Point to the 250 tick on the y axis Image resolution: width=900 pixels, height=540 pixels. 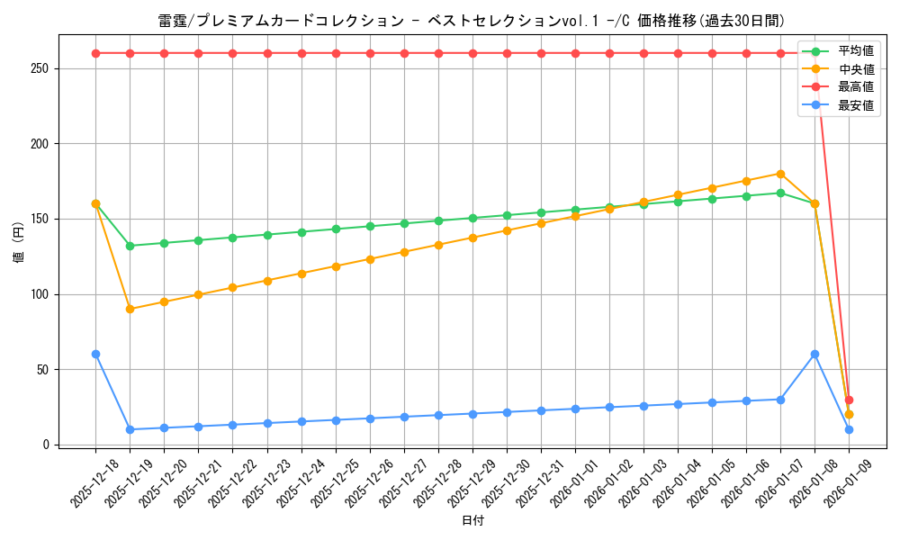(x=39, y=68)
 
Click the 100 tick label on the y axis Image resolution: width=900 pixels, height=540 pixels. (x=39, y=294)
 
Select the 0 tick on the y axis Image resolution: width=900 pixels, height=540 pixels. (x=44, y=445)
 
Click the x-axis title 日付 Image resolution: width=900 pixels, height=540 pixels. (x=472, y=521)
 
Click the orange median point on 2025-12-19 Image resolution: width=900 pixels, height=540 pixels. (x=130, y=309)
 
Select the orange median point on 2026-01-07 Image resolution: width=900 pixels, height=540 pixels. (x=780, y=174)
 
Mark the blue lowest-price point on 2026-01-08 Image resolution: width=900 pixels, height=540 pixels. (x=814, y=354)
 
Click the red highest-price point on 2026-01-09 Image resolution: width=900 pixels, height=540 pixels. (x=849, y=400)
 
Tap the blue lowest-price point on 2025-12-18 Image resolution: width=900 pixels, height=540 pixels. (x=95, y=354)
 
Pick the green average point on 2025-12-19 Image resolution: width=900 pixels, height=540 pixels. (x=130, y=246)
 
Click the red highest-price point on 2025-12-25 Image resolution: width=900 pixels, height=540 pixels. (x=336, y=53)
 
